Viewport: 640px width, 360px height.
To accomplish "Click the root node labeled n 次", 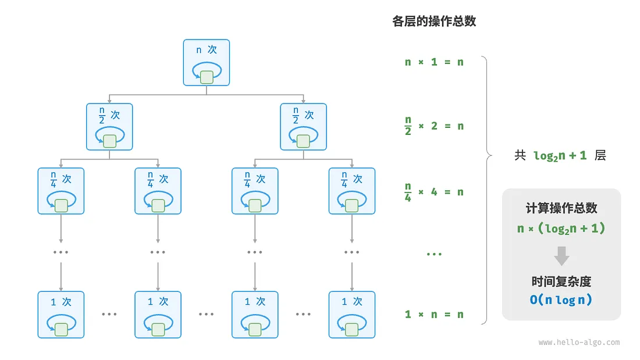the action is pos(207,62).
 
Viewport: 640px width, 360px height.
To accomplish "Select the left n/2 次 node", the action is pos(109,127).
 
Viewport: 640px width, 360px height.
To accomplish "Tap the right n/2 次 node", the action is pos(303,127).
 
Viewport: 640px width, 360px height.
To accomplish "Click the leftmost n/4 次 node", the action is pos(61,191).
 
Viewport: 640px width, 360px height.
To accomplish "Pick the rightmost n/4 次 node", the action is pos(352,191).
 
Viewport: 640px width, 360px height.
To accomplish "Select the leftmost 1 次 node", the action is pos(61,315).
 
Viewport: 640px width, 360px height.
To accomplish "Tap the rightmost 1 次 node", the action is pos(352,315).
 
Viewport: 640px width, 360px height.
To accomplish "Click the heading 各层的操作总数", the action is pos(434,21).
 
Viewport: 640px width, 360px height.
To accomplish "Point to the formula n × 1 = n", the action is pos(434,62).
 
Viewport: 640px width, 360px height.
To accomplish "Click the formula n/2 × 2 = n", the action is pos(434,126).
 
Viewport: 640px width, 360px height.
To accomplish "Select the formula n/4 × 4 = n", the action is pos(434,192).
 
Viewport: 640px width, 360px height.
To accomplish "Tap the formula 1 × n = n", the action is pos(434,314).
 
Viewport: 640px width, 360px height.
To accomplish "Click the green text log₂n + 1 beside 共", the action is pos(560,156).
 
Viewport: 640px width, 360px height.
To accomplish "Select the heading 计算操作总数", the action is pos(561,208).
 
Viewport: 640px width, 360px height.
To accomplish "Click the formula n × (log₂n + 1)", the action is pos(561,229).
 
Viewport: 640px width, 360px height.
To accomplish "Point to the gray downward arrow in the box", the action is pos(561,256).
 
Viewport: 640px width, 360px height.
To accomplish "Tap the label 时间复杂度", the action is pos(561,281).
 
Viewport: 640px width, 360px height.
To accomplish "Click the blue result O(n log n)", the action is pos(561,300).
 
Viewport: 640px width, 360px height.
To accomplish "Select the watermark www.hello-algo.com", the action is pos(579,343).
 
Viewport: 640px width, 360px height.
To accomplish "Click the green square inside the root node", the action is pos(207,77).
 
